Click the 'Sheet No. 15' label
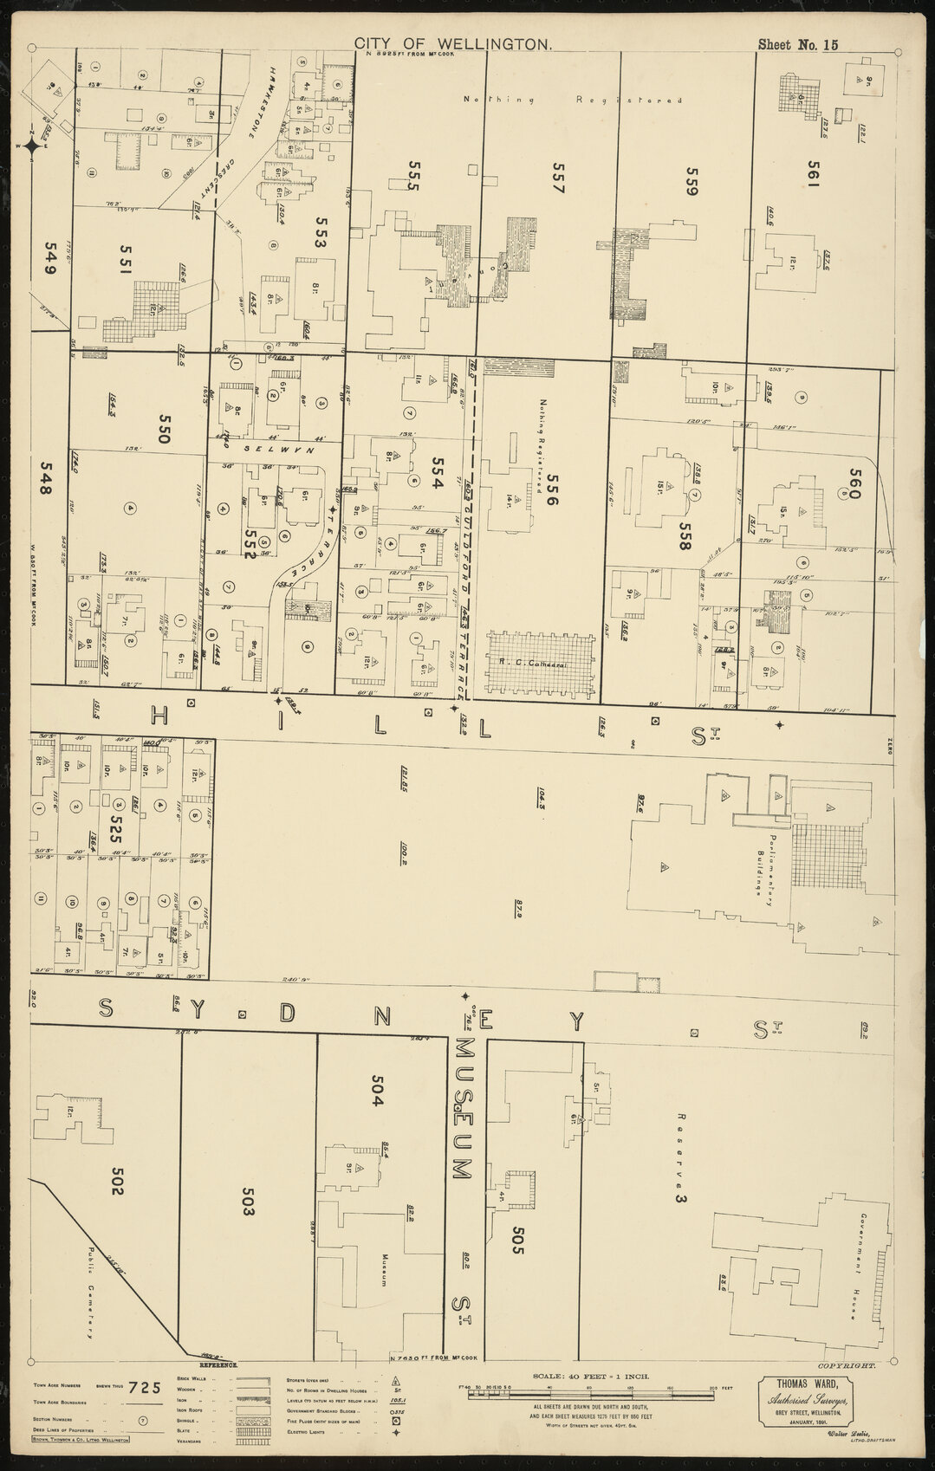[x=797, y=45]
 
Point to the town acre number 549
[x=47, y=257]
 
